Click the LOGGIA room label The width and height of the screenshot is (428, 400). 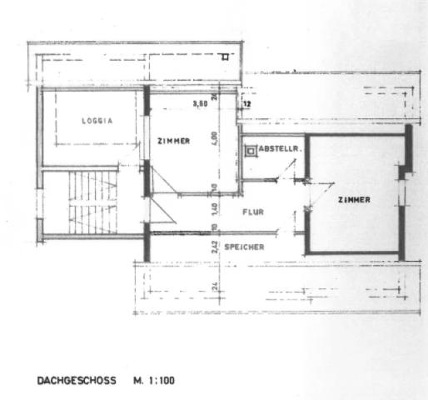click(x=97, y=121)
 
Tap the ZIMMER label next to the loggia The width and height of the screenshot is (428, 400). click(x=173, y=141)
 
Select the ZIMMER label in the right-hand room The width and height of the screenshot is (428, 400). click(x=354, y=200)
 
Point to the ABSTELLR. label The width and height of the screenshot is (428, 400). click(x=279, y=149)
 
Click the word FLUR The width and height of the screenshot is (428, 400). click(x=253, y=212)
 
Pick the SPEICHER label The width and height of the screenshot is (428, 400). click(x=244, y=247)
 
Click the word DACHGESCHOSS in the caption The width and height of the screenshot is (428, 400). click(x=77, y=381)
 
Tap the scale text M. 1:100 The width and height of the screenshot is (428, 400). click(x=154, y=381)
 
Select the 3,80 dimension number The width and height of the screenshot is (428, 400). click(x=200, y=104)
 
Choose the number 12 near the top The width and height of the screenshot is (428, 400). click(x=247, y=105)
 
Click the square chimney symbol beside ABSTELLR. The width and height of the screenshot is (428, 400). click(x=251, y=151)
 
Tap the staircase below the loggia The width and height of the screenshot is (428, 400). click(x=92, y=202)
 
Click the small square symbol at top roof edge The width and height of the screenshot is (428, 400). click(x=224, y=57)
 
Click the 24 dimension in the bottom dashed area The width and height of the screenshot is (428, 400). click(x=214, y=287)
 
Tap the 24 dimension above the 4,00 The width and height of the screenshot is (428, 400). click(x=214, y=96)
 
